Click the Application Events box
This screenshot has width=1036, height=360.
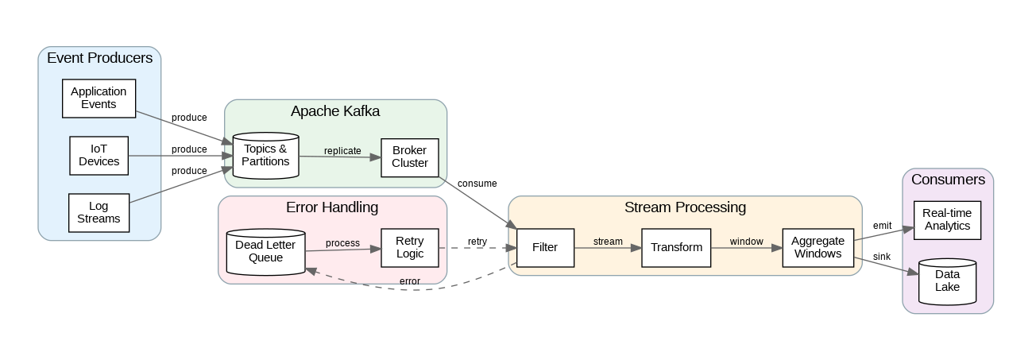coord(99,99)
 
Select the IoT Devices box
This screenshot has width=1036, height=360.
coord(99,156)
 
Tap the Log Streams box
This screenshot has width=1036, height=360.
coord(99,213)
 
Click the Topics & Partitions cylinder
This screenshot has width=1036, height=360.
coord(265,156)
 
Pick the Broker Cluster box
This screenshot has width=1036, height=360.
coord(410,157)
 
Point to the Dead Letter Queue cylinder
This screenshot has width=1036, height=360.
coord(265,251)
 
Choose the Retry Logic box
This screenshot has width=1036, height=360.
coord(410,247)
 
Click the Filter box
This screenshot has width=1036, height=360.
coord(545,247)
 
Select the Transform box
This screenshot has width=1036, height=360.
coord(676,247)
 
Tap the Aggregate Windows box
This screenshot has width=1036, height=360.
coord(818,247)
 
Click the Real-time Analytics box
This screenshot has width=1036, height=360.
coord(947,220)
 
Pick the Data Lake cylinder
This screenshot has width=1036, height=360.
coord(947,281)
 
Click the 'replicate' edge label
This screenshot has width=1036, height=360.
coord(342,151)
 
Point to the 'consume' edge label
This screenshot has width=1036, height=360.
coord(477,184)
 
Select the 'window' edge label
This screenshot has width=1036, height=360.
coord(746,242)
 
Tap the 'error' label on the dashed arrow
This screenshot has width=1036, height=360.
coord(410,281)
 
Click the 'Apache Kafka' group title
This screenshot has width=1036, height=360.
coord(335,111)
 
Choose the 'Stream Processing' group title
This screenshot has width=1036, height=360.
coord(685,207)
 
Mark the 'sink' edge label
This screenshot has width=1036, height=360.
coord(881,257)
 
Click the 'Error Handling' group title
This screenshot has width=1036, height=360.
coord(332,207)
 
